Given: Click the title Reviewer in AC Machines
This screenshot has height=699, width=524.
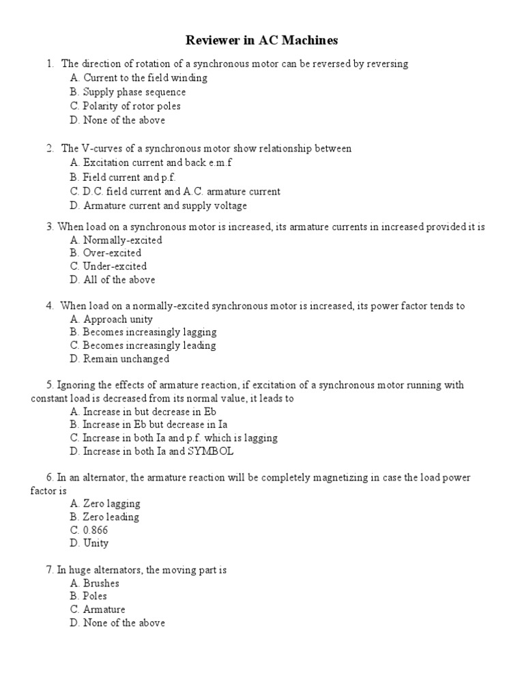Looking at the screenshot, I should point(263,41).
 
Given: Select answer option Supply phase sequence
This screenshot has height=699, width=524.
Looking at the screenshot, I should point(128,92).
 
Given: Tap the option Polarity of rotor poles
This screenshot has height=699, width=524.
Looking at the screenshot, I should point(125,106).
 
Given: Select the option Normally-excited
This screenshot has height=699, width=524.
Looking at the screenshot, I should point(116,240).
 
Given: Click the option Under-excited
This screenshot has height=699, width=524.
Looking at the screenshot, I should point(108,266).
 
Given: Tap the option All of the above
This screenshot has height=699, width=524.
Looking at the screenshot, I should point(113,280).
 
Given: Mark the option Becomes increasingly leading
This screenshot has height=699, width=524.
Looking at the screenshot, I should point(143,345).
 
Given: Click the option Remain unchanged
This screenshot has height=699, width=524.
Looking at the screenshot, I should point(119,359).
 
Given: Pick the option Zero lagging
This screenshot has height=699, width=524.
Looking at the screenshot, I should point(105,504).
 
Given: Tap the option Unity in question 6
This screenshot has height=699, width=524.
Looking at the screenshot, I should point(89,543).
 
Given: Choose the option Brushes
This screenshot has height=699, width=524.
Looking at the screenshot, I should point(94,584).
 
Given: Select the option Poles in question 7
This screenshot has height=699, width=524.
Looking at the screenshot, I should point(89,596).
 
